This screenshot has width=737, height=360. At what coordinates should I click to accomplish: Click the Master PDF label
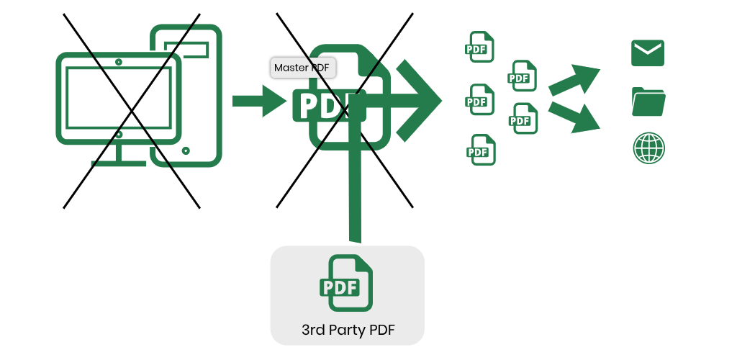click(x=303, y=68)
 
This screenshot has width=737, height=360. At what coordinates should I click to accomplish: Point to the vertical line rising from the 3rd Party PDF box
click(x=354, y=194)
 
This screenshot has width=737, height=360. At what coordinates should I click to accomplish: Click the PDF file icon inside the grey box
click(x=346, y=284)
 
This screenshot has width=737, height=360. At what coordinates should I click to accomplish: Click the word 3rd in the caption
click(x=315, y=331)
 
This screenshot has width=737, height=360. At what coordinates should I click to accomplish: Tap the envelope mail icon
click(x=647, y=53)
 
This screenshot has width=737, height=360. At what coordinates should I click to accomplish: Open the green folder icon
click(x=648, y=102)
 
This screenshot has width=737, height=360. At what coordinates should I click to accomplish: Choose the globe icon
click(x=648, y=148)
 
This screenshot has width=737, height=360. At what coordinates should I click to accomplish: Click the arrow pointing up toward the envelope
click(x=576, y=79)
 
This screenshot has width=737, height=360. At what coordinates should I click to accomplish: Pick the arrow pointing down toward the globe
click(x=576, y=117)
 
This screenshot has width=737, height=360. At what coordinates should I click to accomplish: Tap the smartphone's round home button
click(x=186, y=150)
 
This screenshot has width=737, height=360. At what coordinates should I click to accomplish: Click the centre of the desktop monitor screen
click(x=119, y=99)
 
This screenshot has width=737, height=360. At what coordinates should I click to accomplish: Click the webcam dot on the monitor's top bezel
click(x=119, y=62)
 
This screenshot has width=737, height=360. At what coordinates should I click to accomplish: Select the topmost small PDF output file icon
click(x=480, y=47)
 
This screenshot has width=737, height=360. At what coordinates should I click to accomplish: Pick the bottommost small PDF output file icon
click(x=480, y=150)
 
